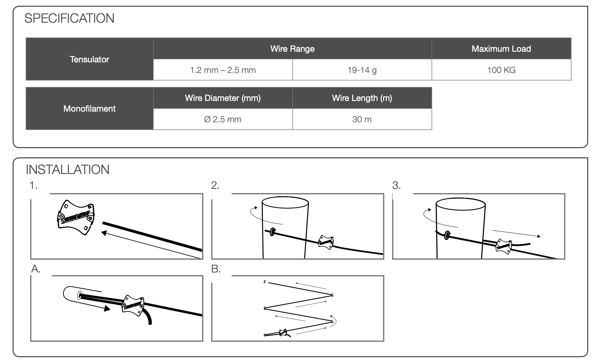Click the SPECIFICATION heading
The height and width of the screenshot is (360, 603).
[x=69, y=18]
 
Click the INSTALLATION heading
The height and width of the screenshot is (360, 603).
[x=68, y=170]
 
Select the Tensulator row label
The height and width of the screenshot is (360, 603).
[x=89, y=59]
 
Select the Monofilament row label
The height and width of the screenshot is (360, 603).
[x=89, y=108]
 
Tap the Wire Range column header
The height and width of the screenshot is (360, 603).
[x=292, y=49]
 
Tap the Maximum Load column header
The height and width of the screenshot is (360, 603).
[x=501, y=49]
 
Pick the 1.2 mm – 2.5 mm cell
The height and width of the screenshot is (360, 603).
[x=223, y=70]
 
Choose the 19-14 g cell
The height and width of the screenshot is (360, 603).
[x=362, y=70]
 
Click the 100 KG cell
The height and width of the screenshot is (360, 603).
[x=501, y=70]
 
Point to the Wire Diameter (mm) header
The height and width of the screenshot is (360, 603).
[x=223, y=98]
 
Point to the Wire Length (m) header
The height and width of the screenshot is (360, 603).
[x=362, y=98]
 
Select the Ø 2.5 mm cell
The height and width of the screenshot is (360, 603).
[x=223, y=119]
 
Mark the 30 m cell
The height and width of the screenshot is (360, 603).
[x=362, y=119]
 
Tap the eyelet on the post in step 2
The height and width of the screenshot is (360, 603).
[x=272, y=232]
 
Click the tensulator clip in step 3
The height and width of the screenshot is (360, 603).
[x=503, y=245]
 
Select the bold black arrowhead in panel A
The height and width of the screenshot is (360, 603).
[x=106, y=309]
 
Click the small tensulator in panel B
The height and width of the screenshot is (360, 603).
[x=283, y=332]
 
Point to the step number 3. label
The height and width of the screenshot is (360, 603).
[x=396, y=185]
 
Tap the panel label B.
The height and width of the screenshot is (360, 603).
[x=215, y=269]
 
